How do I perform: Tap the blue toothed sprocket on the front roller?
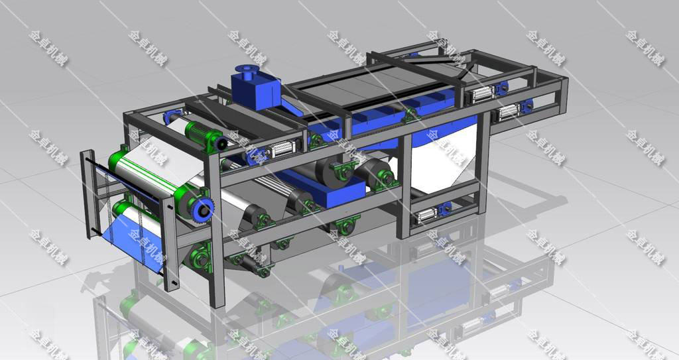pos(203,210)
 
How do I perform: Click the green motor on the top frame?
pos(206,136)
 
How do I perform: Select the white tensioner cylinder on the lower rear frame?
pos(426,215)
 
